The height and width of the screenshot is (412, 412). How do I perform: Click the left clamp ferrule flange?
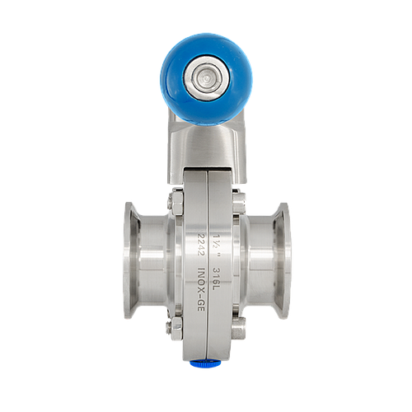pyautogui.click(x=131, y=260)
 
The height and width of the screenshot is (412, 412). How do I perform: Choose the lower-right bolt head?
pyautogui.click(x=238, y=326)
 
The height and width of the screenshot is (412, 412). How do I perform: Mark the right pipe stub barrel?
pyautogui.click(x=260, y=260)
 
